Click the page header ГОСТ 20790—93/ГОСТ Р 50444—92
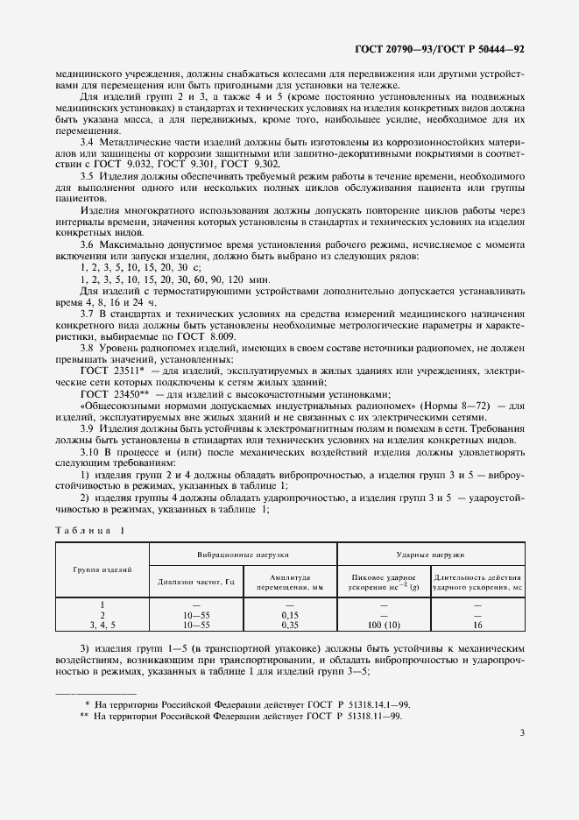tap(452, 53)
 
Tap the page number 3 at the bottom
tap(521, 758)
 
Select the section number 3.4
tap(88, 141)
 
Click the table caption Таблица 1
tap(89, 530)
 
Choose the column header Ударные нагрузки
tap(431, 555)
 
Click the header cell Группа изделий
tap(102, 569)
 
